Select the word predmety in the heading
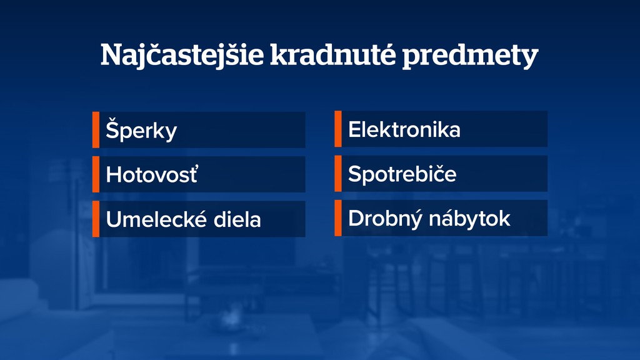coord(469,56)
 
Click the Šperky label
coord(141,131)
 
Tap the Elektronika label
coord(404,130)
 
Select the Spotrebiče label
coord(402,174)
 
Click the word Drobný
coord(383,219)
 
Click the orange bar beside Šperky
coord(96,130)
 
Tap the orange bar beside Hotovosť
coord(96,174)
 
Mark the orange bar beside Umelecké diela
coord(96,219)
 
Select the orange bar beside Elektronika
coord(338,129)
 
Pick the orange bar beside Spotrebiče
coord(338,174)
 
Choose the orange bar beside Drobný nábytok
coord(338,218)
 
